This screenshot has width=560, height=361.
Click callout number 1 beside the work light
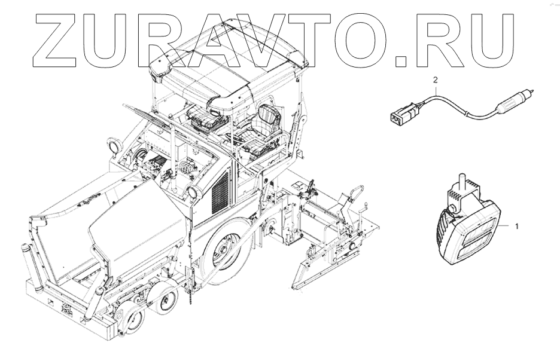coord(516,226)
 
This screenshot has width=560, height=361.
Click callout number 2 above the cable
coord(435,80)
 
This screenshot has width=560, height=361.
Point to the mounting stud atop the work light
coord(461,181)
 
